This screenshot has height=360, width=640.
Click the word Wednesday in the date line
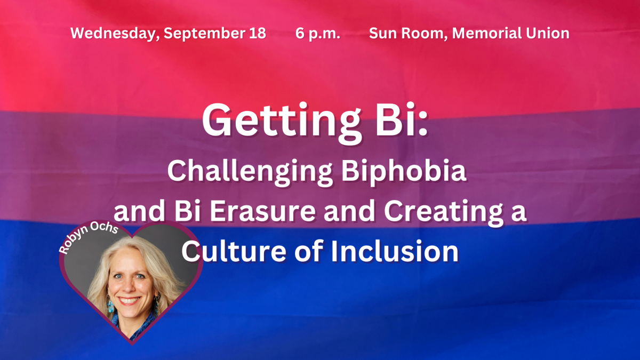click(115, 34)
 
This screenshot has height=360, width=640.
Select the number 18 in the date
click(258, 33)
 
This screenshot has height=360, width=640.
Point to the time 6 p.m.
click(318, 34)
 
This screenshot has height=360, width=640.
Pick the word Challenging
click(250, 172)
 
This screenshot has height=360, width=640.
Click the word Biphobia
click(404, 171)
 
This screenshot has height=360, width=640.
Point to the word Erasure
click(263, 211)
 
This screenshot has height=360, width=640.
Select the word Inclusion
click(395, 251)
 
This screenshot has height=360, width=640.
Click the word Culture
click(234, 251)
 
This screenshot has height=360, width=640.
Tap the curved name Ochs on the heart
click(105, 228)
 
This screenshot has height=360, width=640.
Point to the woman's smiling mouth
click(130, 300)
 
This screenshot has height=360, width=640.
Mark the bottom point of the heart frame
click(132, 345)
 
